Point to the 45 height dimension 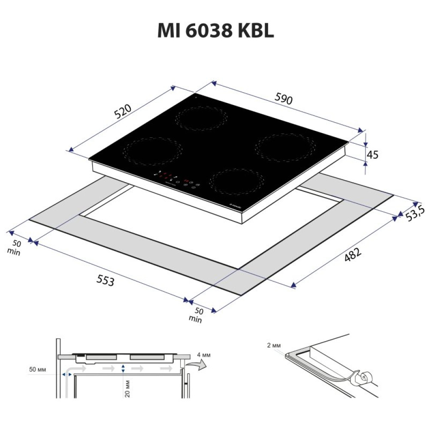pyautogui.click(x=372, y=154)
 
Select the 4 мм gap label pyautogui.click(x=203, y=355)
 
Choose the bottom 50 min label pyautogui.click(x=196, y=315)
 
